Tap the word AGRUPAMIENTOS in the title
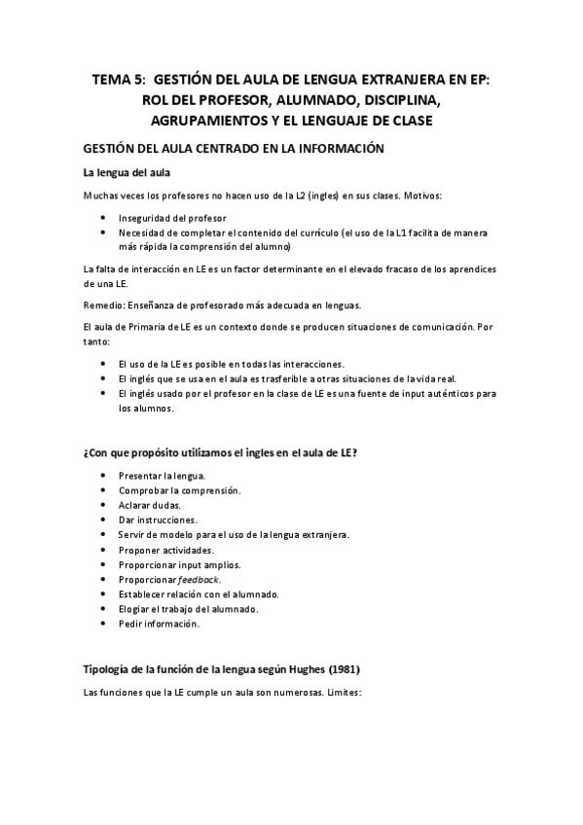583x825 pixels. (207, 121)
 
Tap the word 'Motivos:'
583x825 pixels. (419, 196)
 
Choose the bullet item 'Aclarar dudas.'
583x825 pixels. (149, 505)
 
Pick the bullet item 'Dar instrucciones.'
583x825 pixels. (157, 520)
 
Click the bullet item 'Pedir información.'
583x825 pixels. (158, 625)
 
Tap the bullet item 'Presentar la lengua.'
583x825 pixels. (162, 476)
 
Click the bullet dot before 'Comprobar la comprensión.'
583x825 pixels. (104, 490)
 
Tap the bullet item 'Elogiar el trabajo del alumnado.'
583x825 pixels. (188, 609)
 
